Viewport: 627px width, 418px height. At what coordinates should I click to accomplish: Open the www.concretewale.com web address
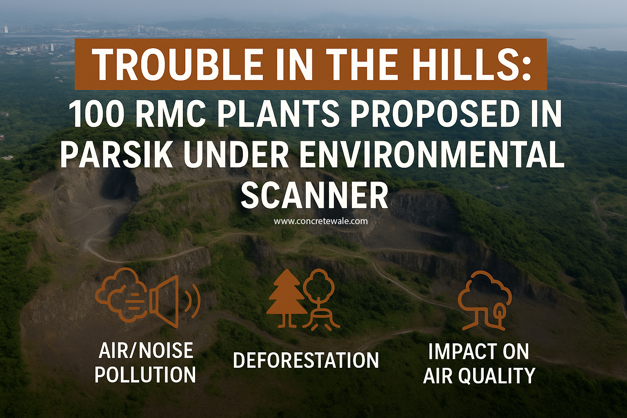tap(320, 221)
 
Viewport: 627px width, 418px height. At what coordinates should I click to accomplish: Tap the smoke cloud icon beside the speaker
tap(121, 294)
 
